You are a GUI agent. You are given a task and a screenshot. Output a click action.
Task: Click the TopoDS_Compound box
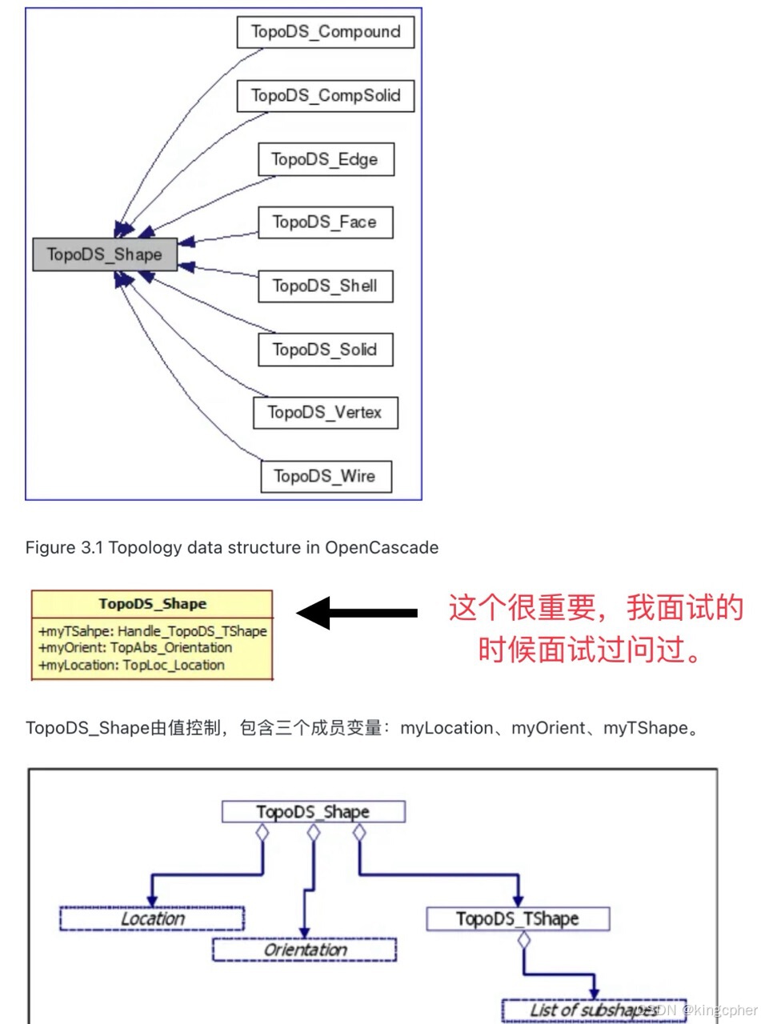(x=326, y=33)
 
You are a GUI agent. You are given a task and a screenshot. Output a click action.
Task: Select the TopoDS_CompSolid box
(x=326, y=96)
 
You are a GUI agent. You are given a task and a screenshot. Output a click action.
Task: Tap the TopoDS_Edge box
(x=325, y=159)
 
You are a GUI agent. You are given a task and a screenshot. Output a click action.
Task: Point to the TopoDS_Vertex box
(x=325, y=413)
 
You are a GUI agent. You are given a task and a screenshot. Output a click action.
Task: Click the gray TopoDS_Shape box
(x=104, y=254)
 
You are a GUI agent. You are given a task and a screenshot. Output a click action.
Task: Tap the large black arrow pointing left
(x=356, y=613)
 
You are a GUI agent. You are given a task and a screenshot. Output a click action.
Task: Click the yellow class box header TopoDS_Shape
(x=152, y=604)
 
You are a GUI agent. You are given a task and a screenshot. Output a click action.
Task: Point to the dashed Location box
(x=151, y=918)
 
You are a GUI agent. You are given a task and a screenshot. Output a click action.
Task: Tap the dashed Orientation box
(x=304, y=950)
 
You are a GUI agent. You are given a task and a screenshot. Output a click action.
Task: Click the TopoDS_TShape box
(x=517, y=918)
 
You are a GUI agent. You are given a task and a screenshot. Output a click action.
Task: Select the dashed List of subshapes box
(x=594, y=1010)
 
